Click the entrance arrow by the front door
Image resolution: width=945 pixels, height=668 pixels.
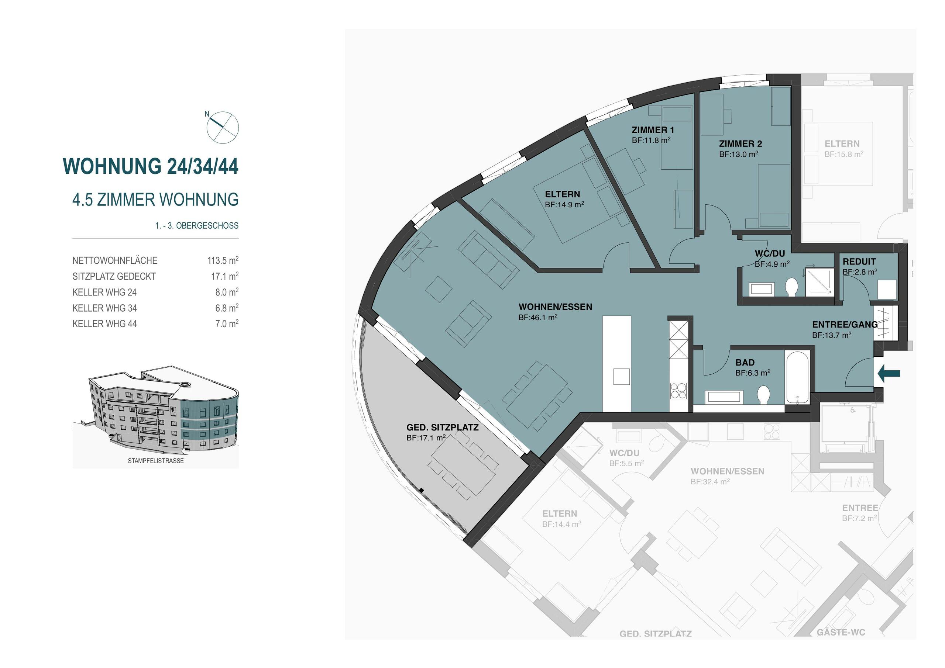[x=889, y=374]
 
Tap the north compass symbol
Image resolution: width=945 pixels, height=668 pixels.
[x=222, y=127]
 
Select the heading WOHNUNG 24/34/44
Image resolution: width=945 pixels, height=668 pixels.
[x=151, y=166]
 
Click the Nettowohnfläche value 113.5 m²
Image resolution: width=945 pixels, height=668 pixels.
[x=223, y=260]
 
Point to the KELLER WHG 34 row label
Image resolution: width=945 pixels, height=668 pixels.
[x=104, y=308]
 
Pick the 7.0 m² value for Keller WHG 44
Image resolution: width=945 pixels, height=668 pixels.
[x=227, y=324]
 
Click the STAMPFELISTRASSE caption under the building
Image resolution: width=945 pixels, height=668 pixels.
[x=155, y=461]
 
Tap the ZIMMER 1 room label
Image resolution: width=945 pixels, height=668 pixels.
[x=653, y=130]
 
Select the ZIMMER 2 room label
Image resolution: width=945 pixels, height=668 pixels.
[x=740, y=143]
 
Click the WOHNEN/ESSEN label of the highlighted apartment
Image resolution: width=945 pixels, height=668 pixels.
[x=555, y=307]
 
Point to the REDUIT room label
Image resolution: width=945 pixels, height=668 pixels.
[x=859, y=261]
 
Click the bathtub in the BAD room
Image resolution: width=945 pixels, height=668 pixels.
[x=797, y=377]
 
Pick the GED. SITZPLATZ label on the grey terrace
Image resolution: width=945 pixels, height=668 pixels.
[x=443, y=428]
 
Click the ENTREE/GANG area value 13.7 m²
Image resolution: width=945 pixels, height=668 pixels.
[x=831, y=335]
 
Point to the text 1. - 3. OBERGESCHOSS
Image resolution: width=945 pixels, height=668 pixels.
[x=197, y=225]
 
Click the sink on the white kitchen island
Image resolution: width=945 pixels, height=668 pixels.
[x=621, y=376]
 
